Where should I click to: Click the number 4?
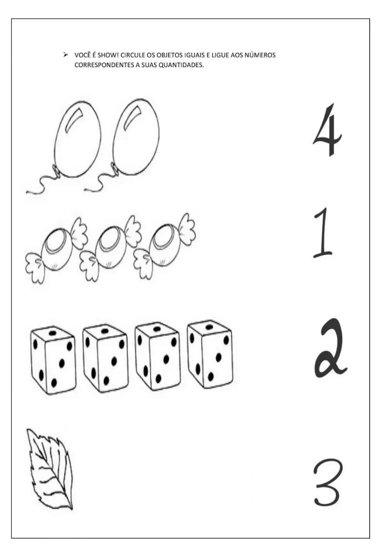[x=328, y=131]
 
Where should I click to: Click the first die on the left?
[x=53, y=359]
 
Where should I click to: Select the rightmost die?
[x=210, y=356]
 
